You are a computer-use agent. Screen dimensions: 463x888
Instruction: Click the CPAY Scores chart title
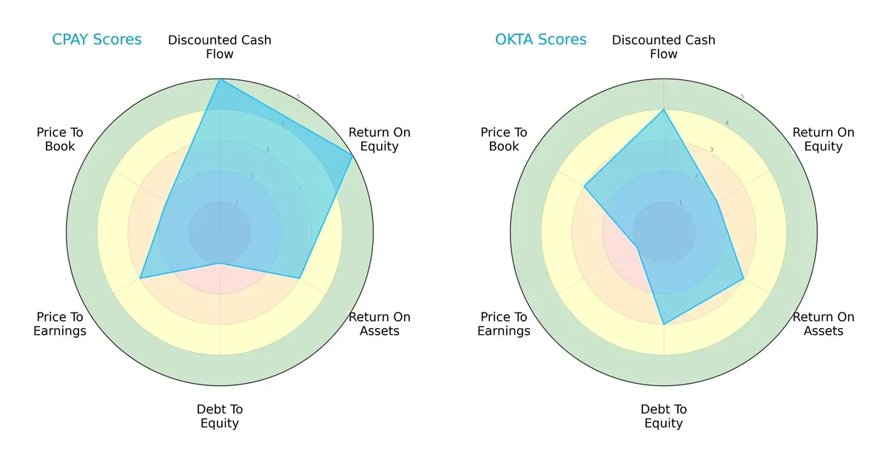tap(97, 40)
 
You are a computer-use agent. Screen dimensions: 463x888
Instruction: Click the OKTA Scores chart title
tap(540, 40)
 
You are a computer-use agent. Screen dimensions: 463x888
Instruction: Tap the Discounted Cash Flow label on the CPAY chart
tap(220, 47)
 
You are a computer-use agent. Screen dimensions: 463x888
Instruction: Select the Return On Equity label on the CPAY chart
tap(379, 139)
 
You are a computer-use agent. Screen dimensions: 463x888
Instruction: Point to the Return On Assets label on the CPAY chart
tap(379, 324)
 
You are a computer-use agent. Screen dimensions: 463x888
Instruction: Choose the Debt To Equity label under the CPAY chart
tap(220, 416)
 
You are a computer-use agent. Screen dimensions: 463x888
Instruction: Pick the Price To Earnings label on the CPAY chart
tap(60, 324)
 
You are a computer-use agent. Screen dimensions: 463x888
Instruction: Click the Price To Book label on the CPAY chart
tap(60, 139)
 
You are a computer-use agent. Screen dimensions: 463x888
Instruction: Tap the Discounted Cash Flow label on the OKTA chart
tap(664, 47)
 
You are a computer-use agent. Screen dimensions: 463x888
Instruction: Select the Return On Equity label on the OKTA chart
tap(823, 139)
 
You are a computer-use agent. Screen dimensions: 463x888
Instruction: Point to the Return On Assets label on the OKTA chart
tap(823, 324)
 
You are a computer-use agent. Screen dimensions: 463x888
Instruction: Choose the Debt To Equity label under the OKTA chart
tap(664, 416)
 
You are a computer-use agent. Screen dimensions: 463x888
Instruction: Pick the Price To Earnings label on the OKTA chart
tap(504, 324)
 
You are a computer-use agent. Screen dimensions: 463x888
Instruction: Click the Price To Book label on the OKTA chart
tap(504, 139)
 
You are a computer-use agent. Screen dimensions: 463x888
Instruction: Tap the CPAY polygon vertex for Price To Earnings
tap(141, 279)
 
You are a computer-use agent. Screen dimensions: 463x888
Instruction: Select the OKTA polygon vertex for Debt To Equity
tap(664, 324)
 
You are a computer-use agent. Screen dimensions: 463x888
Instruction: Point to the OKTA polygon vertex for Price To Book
tap(585, 187)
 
